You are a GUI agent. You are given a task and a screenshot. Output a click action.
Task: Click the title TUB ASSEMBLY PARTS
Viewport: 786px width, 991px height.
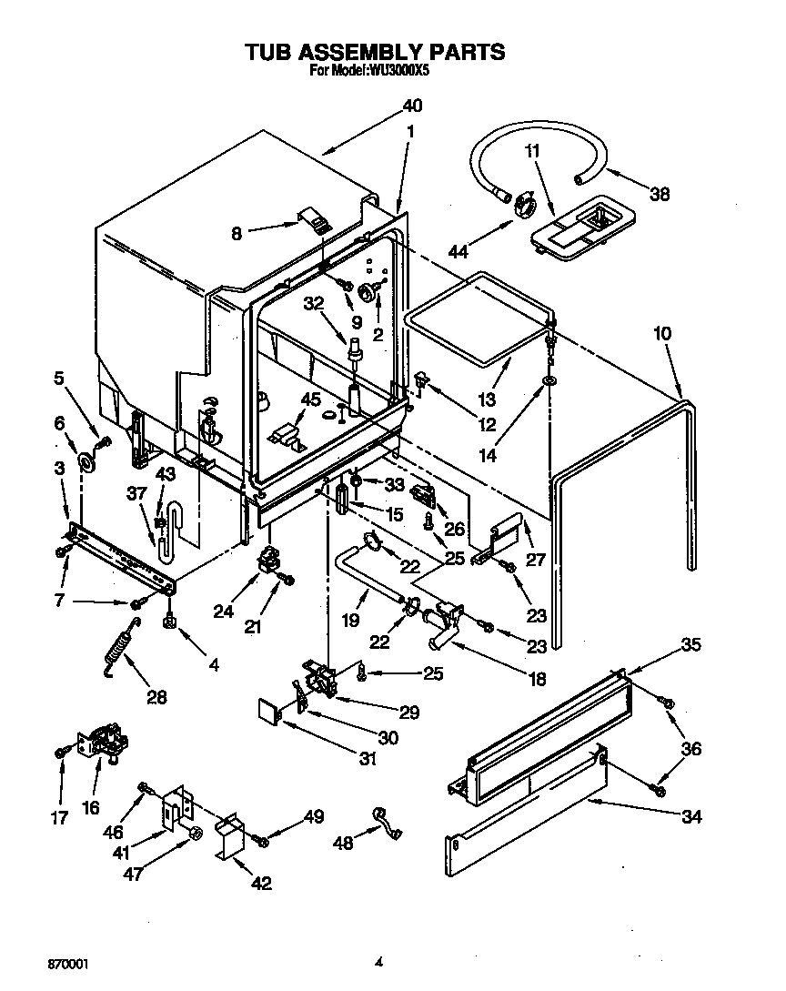pyautogui.click(x=374, y=52)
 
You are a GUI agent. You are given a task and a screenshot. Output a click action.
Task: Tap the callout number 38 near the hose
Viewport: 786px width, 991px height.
pyautogui.click(x=659, y=192)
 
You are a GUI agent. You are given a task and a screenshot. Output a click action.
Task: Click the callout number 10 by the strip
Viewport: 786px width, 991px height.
pyautogui.click(x=661, y=334)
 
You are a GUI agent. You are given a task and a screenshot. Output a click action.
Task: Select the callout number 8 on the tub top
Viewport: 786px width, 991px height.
pyautogui.click(x=236, y=234)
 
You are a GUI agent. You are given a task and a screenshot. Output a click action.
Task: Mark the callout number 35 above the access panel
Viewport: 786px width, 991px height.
pyautogui.click(x=692, y=645)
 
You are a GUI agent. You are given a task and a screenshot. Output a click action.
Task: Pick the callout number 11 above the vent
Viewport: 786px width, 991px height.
pyautogui.click(x=533, y=150)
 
